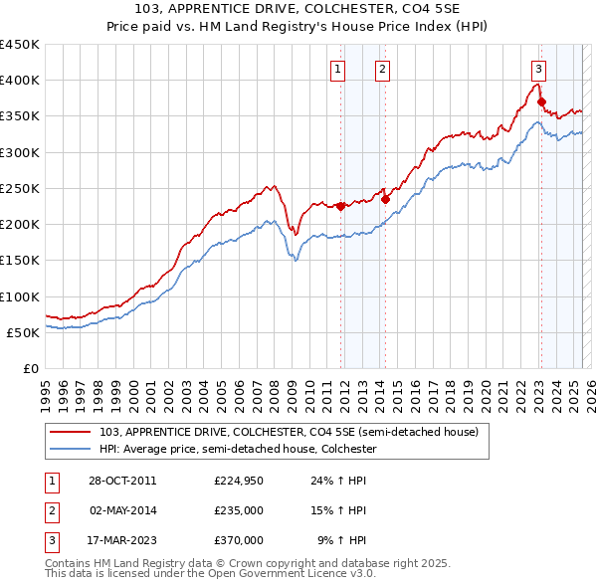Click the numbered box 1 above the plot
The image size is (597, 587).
click(338, 69)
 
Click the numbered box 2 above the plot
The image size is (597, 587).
click(383, 69)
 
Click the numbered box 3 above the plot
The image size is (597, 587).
click(538, 69)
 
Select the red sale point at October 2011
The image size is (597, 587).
click(340, 207)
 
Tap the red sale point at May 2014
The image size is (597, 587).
click(385, 199)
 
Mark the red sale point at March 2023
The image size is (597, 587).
click(541, 101)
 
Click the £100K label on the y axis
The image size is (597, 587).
click(20, 296)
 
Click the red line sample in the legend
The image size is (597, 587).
click(73, 432)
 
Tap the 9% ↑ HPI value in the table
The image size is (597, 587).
click(341, 540)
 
